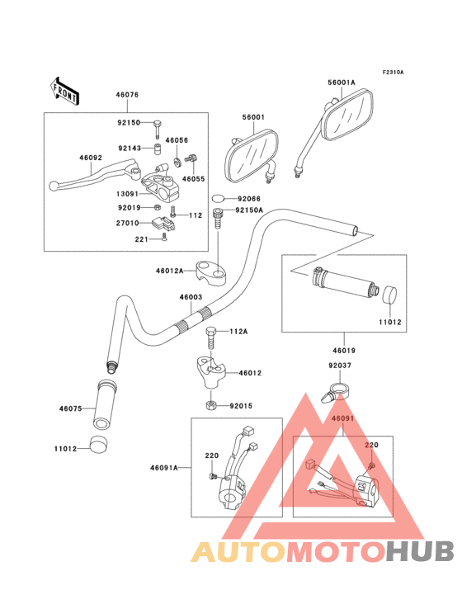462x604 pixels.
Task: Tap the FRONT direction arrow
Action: [x=65, y=90]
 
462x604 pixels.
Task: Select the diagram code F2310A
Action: [x=393, y=73]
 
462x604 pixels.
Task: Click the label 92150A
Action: [x=249, y=210]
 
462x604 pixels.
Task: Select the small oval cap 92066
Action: [x=219, y=199]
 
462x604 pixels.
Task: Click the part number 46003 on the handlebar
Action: [x=191, y=297]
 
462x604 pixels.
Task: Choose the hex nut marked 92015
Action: [x=211, y=405]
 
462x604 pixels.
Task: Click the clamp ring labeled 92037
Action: [x=337, y=386]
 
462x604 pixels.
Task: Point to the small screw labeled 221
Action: [x=165, y=238]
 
